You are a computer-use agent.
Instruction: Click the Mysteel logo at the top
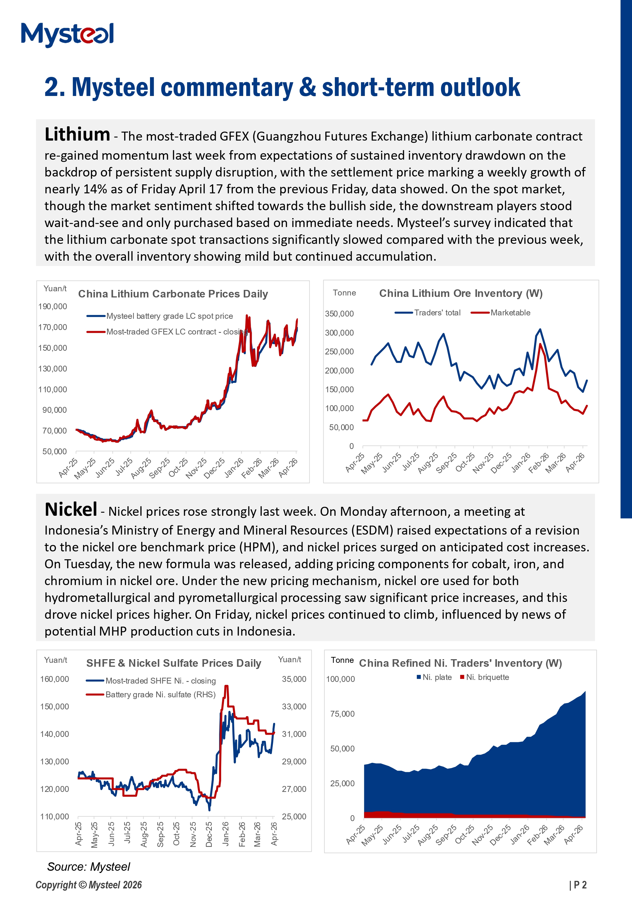tap(67, 35)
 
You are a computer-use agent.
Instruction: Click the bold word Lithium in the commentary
tap(77, 134)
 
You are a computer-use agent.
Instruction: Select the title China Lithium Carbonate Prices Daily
tap(173, 294)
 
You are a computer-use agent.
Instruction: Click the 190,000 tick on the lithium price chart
tap(53, 306)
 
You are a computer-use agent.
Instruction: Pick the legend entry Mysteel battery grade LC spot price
tap(169, 316)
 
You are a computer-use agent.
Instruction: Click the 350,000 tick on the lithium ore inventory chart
tap(339, 314)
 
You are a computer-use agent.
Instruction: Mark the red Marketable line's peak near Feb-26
tap(540, 344)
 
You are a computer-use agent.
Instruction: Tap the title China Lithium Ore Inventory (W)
tap(461, 294)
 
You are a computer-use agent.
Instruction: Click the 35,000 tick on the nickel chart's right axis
tap(294, 679)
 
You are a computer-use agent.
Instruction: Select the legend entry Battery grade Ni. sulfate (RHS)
tap(160, 695)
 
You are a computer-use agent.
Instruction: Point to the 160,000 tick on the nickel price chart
tap(55, 679)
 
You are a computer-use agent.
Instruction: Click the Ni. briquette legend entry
tap(487, 677)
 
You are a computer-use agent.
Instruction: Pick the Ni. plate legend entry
tap(437, 677)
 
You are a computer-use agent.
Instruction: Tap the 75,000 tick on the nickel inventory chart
tap(342, 714)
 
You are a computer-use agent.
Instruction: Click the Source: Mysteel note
tap(88, 867)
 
